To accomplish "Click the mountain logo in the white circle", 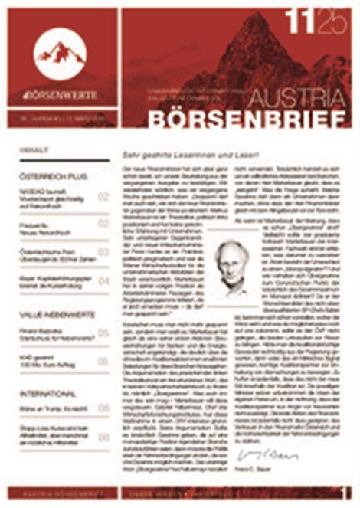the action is pyautogui.click(x=60, y=53).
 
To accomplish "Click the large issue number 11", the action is pyautogui.click(x=300, y=24).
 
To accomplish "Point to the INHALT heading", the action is pyautogui.click(x=34, y=151).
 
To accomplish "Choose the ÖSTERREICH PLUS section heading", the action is pyautogui.click(x=53, y=176).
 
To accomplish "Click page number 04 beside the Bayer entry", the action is pyautogui.click(x=103, y=280).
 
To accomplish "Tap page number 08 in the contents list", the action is pyautogui.click(x=103, y=436).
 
